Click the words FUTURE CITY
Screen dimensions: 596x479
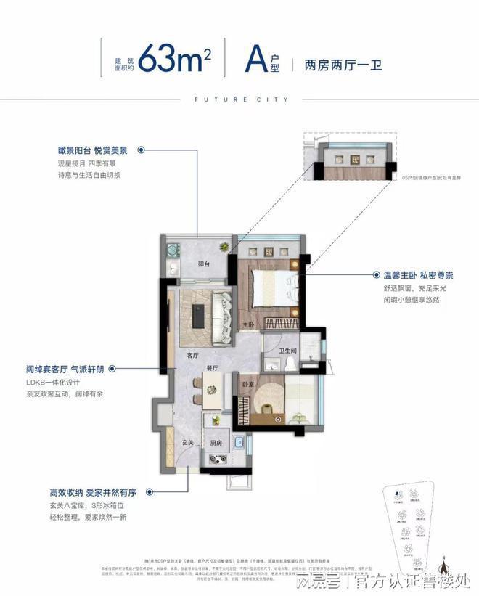pos(239,99)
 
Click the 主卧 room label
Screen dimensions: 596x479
pos(247,324)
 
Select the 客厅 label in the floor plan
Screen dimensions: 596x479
pos(192,356)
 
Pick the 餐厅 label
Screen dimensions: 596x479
pos(213,368)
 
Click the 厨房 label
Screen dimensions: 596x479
pos(216,442)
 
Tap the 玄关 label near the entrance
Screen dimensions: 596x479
pos(187,442)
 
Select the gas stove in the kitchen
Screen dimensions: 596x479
pos(217,458)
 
